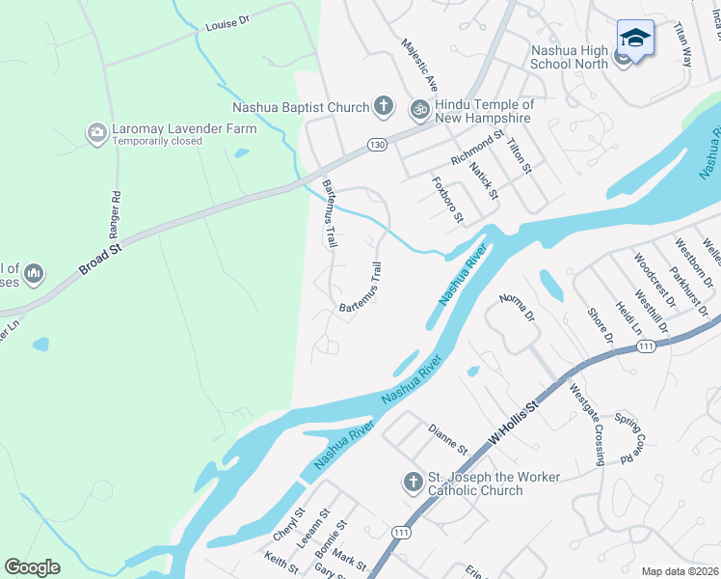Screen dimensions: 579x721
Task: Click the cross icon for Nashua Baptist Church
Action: point(383,105)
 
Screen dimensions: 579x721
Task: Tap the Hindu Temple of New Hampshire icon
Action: point(419,110)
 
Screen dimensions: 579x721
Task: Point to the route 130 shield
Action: point(377,144)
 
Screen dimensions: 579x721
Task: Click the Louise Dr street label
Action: point(227,22)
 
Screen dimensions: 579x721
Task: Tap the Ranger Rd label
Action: point(116,214)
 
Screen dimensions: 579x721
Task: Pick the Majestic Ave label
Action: point(420,63)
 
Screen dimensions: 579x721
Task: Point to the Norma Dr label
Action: point(517,309)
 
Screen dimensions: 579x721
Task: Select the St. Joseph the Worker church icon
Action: point(412,482)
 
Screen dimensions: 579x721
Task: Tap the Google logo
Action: point(32,567)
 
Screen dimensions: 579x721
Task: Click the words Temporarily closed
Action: point(157,141)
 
